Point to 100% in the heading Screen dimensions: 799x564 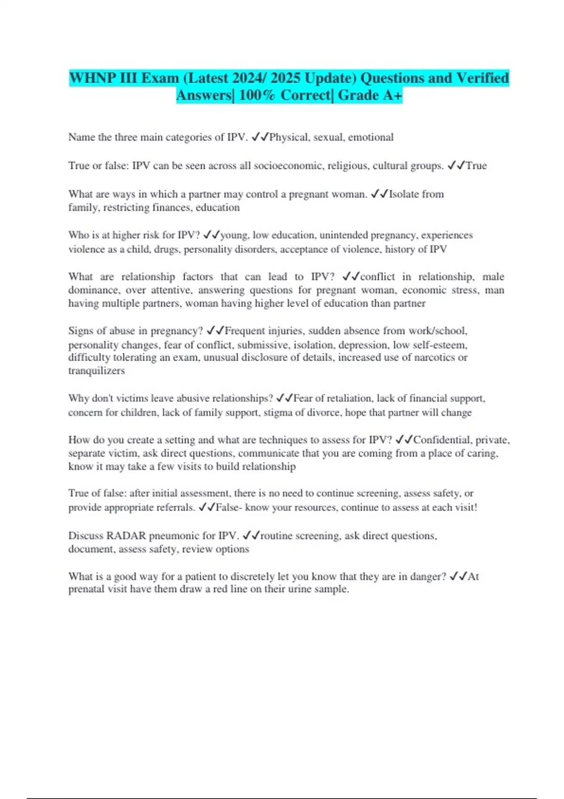257,95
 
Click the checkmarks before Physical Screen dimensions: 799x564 260,137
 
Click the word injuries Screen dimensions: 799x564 285,331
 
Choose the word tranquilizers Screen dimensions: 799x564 96,371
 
